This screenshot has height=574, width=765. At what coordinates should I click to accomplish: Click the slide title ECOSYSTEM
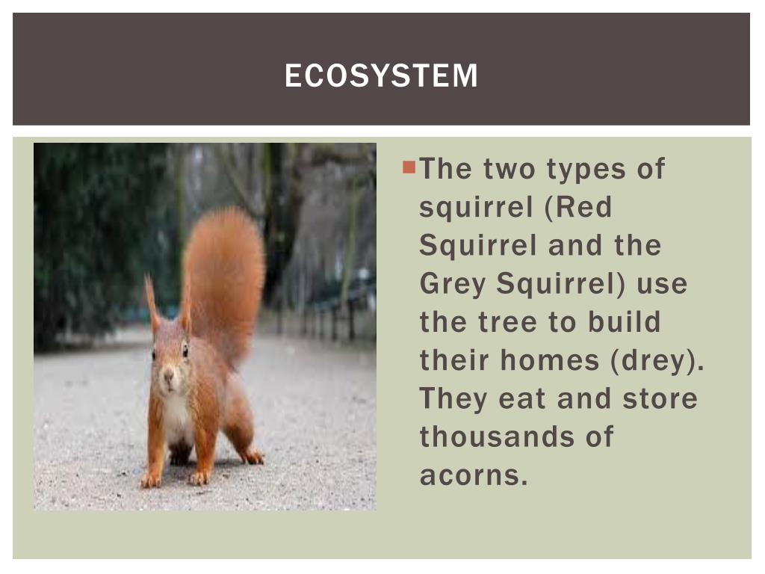[381, 75]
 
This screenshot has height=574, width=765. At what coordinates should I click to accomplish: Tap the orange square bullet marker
[408, 166]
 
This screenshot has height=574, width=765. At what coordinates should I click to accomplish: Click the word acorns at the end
[474, 475]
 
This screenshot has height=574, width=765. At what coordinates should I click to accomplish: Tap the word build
[625, 322]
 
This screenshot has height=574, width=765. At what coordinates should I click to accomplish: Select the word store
[660, 398]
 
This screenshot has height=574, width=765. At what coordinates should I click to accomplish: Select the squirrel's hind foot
[252, 456]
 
